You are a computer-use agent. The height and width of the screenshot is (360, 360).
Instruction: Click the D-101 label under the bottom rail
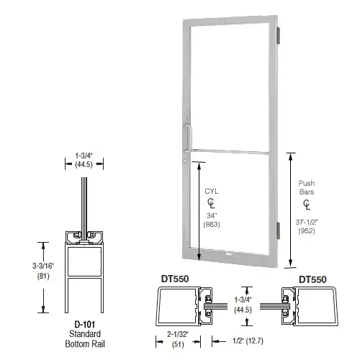(x=85, y=325)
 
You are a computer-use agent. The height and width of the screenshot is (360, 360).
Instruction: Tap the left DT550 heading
(x=175, y=279)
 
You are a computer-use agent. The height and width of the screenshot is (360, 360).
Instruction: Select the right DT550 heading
(x=312, y=279)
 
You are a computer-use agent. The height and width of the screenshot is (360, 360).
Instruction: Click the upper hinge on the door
(x=279, y=35)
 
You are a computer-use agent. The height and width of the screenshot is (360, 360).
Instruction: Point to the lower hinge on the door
(x=278, y=230)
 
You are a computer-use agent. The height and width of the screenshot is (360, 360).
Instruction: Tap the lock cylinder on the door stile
(x=185, y=160)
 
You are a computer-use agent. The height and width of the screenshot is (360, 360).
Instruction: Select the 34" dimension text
(x=212, y=215)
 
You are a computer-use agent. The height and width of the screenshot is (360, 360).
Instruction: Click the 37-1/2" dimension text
(x=307, y=222)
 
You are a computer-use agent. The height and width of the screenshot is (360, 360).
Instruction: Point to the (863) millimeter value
(x=212, y=225)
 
